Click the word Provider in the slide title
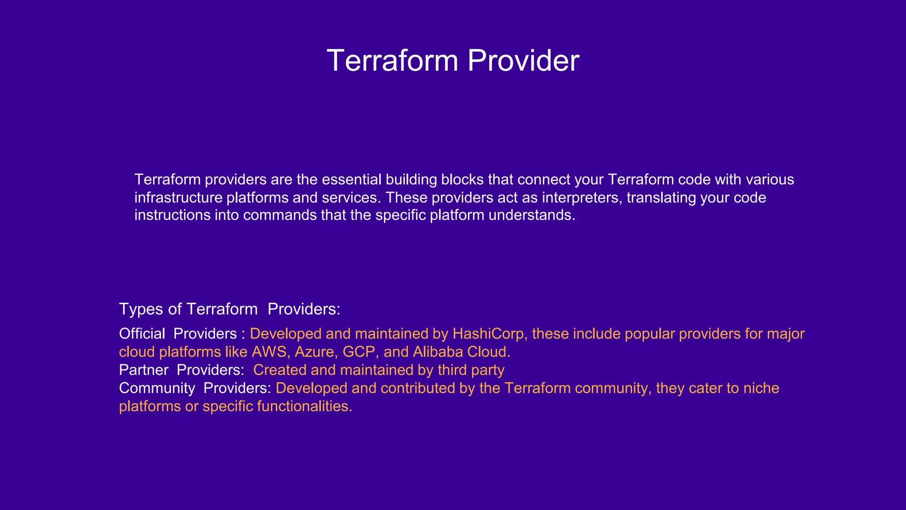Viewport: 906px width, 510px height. pos(523,61)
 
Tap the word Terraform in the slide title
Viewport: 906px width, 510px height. pos(392,61)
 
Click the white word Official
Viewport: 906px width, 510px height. pos(142,334)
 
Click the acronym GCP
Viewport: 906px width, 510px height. pos(360,352)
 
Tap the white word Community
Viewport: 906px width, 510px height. pos(157,388)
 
